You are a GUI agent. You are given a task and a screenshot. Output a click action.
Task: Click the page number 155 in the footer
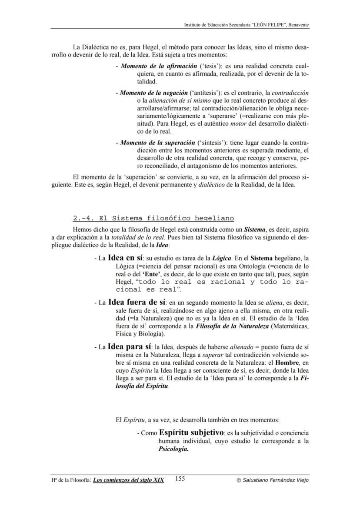[180, 479]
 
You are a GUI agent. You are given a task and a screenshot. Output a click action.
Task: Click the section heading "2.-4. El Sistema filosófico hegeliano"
[153, 218]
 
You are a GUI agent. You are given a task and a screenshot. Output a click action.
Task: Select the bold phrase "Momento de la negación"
[147, 93]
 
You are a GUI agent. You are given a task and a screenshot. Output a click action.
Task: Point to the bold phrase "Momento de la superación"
[151, 143]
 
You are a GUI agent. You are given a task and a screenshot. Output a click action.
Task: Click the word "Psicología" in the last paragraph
[173, 450]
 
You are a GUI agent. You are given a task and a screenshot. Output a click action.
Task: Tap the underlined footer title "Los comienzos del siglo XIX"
[129, 480]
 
